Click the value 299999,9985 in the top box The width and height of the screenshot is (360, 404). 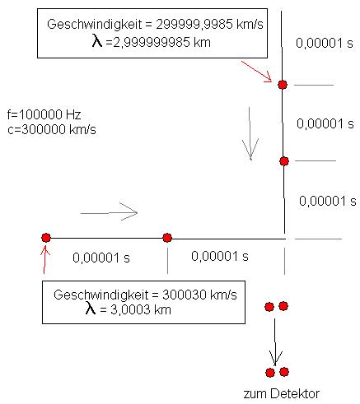click(194, 25)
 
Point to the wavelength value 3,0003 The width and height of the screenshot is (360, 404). click(130, 309)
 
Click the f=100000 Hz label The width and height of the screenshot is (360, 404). click(44, 114)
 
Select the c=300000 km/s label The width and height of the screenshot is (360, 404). click(52, 129)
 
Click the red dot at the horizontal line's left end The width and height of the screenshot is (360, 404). click(46, 238)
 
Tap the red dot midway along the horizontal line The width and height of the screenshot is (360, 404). click(167, 238)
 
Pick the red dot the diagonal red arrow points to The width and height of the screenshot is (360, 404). click(283, 85)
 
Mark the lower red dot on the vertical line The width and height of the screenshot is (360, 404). click(284, 161)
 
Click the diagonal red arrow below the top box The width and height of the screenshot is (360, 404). click(256, 72)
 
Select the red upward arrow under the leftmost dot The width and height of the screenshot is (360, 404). click(45, 260)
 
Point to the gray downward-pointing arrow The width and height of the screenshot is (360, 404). click(250, 133)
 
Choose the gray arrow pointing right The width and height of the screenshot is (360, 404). click(109, 211)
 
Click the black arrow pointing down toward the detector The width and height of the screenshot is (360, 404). click(275, 342)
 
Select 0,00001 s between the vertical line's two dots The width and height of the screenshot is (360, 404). click(325, 123)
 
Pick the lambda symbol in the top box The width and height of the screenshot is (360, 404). click(97, 41)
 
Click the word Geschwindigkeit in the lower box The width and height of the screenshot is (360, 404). click(101, 295)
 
